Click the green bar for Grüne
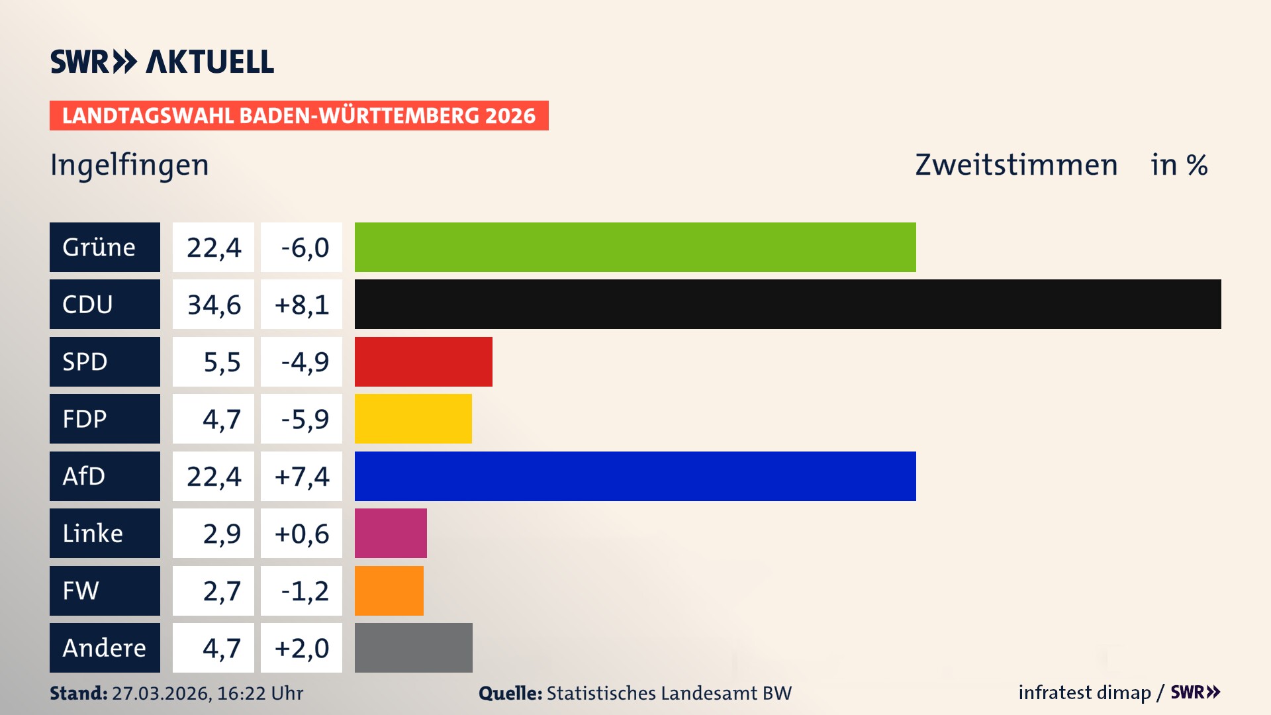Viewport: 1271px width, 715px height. [635, 247]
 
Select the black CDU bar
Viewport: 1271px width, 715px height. [788, 304]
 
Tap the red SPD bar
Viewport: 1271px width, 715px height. [424, 361]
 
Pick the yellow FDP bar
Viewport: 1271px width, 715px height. [413, 418]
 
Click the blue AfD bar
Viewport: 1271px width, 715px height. [635, 476]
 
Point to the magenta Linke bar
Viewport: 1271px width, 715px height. [391, 533]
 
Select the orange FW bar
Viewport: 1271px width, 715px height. [389, 591]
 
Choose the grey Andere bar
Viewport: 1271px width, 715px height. [414, 647]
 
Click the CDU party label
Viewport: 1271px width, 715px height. [105, 304]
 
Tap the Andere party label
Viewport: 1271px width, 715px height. [105, 647]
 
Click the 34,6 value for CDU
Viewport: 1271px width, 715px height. [213, 305]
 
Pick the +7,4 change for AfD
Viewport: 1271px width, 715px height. [301, 477]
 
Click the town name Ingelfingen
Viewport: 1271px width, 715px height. [130, 165]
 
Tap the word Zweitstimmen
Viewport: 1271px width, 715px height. [1016, 165]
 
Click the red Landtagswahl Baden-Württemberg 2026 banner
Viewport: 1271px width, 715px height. [299, 116]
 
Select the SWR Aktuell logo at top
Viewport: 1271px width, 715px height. [162, 62]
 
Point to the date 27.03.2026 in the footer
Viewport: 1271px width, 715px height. [161, 693]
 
